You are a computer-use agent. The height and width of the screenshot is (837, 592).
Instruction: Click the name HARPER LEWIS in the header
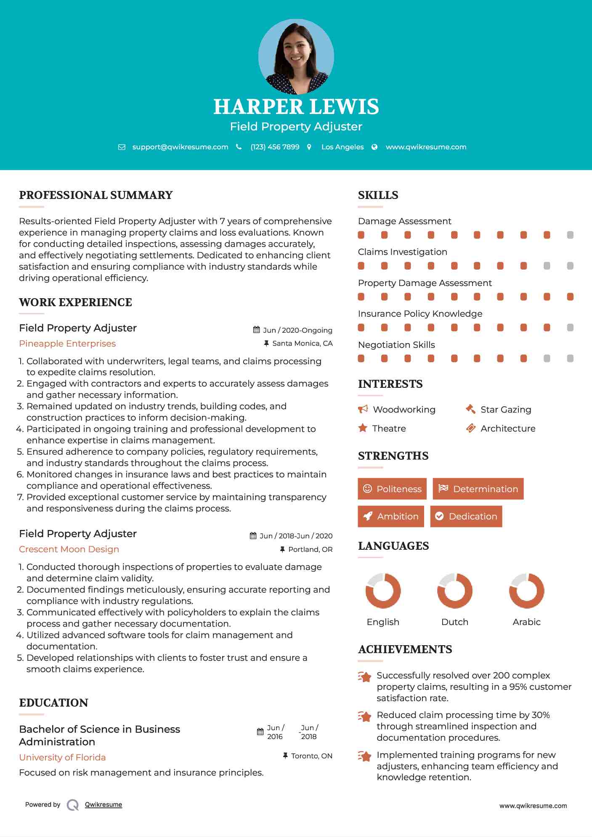tap(296, 107)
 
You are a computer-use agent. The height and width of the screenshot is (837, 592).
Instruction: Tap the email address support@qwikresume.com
tap(180, 147)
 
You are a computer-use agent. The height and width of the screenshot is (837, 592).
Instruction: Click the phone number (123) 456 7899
tap(275, 147)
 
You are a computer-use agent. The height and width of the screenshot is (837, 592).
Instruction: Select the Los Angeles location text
tap(342, 147)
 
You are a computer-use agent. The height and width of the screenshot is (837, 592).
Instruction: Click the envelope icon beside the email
tap(122, 147)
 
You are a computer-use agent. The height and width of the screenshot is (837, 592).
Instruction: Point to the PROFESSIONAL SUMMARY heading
tap(96, 195)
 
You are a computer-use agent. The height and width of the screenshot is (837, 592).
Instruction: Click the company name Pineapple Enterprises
tap(67, 344)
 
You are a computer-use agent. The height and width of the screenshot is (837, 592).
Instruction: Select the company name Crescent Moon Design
tap(69, 549)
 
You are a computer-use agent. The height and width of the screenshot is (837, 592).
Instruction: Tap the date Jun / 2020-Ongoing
tap(297, 330)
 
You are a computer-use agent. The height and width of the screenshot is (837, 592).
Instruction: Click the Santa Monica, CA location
tap(302, 343)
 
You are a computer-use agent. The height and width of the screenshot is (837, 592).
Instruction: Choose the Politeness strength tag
tap(392, 489)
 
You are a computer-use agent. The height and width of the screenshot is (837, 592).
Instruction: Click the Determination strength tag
tap(478, 489)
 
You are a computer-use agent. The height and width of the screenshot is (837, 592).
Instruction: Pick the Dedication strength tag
tap(466, 516)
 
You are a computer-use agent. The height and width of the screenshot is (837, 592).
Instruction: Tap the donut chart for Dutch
tap(454, 591)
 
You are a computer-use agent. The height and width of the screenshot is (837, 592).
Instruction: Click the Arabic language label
tap(526, 622)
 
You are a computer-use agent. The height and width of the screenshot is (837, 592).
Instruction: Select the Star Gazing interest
tap(506, 410)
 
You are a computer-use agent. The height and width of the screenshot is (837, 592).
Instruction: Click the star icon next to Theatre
tap(363, 428)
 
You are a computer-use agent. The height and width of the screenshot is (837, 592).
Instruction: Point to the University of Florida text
tap(62, 757)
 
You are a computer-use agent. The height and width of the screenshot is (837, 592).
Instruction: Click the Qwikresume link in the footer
tap(104, 805)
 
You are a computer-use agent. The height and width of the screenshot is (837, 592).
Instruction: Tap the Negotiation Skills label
tap(396, 345)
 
